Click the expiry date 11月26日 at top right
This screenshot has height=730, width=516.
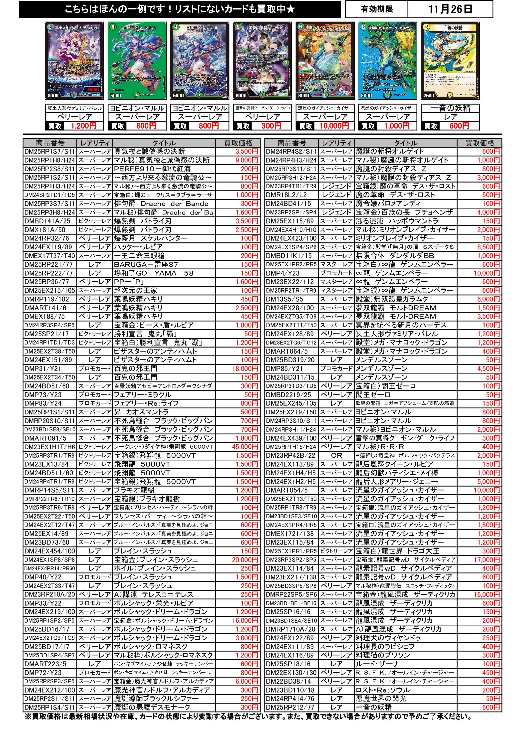point(450,9)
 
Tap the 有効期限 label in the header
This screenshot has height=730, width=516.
point(377,9)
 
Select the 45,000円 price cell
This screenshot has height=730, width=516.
point(245,447)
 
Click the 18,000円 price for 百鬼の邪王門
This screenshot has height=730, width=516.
point(245,368)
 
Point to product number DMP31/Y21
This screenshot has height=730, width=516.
point(43,368)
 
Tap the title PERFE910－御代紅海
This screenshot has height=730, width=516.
point(152,169)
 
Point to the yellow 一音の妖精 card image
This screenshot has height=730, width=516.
point(450,61)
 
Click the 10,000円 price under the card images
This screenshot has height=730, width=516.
point(334,126)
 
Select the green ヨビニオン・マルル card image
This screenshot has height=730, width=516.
point(137,61)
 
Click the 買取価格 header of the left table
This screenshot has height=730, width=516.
point(238,143)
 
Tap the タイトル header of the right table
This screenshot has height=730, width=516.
point(406,143)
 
